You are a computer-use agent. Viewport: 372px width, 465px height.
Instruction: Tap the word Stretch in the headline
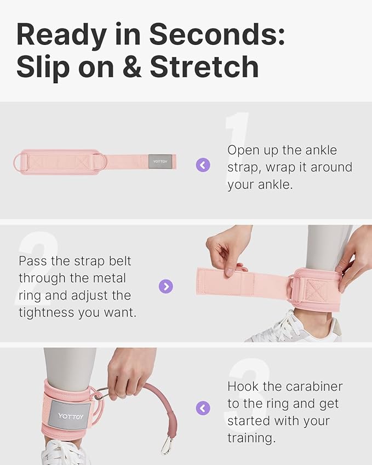point(204,67)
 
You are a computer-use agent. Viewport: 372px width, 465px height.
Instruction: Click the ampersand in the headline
point(132,67)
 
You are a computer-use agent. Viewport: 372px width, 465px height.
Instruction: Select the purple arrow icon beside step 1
point(203,165)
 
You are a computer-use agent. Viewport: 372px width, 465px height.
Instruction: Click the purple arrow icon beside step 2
point(166,286)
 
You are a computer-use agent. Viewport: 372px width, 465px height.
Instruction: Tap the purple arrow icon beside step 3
point(203,408)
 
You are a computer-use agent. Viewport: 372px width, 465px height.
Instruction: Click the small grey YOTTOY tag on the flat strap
point(160,162)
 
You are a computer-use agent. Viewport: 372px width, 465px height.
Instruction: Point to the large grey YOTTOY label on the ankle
point(70,416)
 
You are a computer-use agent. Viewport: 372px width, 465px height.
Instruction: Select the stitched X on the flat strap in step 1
point(82,162)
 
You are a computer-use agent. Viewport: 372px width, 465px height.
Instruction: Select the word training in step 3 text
point(251,438)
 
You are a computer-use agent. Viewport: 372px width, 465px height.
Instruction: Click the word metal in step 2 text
point(110,278)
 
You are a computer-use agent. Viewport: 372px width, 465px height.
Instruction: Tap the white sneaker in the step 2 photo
point(294,328)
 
